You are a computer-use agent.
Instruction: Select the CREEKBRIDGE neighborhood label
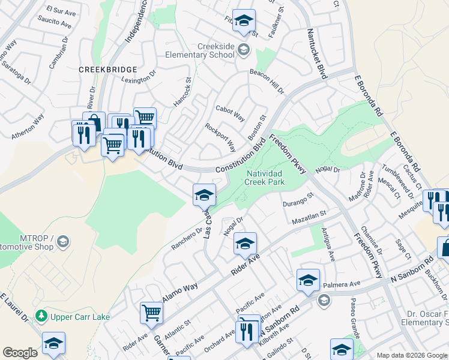108,70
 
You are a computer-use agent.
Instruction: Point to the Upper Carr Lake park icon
41,315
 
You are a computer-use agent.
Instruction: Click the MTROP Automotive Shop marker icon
63,242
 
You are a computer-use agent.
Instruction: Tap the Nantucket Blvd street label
316,54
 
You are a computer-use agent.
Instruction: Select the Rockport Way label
220,137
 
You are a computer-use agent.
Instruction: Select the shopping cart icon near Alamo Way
151,312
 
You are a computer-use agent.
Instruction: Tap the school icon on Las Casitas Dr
204,194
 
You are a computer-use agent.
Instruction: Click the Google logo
20,352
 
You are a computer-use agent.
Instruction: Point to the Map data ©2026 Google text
412,355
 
